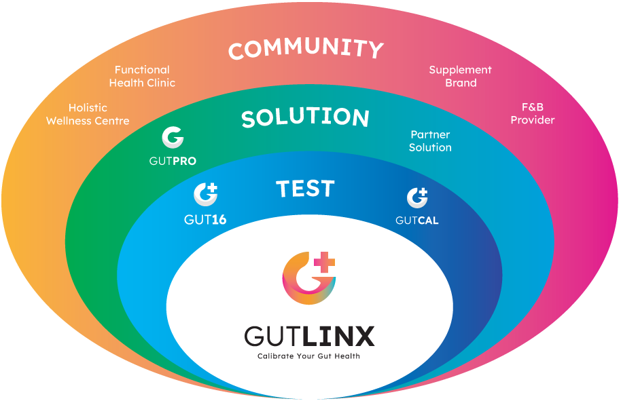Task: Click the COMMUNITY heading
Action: [306, 50]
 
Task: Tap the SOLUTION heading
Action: [305, 118]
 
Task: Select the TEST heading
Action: [305, 189]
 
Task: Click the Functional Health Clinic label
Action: [142, 76]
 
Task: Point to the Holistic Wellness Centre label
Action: [88, 114]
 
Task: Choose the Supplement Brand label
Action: [461, 76]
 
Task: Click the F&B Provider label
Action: [533, 114]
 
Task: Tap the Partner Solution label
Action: [430, 141]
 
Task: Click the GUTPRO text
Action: [173, 161]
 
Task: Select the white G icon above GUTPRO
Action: [173, 138]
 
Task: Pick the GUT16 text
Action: [205, 220]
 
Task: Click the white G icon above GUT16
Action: [205, 195]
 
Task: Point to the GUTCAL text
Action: [417, 220]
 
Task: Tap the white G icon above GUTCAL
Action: [417, 197]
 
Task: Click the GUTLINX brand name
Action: [308, 336]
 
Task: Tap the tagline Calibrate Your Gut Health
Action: [308, 356]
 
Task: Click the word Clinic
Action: [158, 83]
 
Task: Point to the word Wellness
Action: [71, 121]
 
